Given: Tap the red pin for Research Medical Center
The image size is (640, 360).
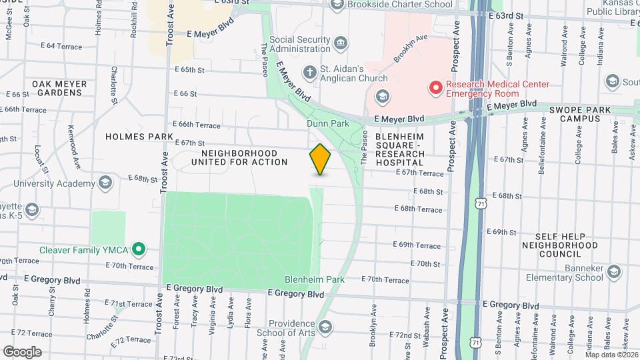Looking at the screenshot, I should pos(436,87).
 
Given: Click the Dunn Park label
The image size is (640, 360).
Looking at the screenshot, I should pos(327,123).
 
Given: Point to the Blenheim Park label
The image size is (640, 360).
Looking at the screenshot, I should pos(314,279).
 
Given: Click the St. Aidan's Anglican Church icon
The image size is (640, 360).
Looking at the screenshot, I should pos(309,71).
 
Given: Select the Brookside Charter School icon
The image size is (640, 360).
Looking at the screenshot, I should pos(337,5).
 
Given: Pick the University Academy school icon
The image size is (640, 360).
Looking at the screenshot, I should pos(105,183).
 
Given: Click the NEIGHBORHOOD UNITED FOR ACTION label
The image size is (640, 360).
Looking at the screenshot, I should pos(239,157).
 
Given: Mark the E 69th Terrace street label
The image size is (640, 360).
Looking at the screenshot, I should pos(418,245).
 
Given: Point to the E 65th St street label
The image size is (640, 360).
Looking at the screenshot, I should pos(191,69).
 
